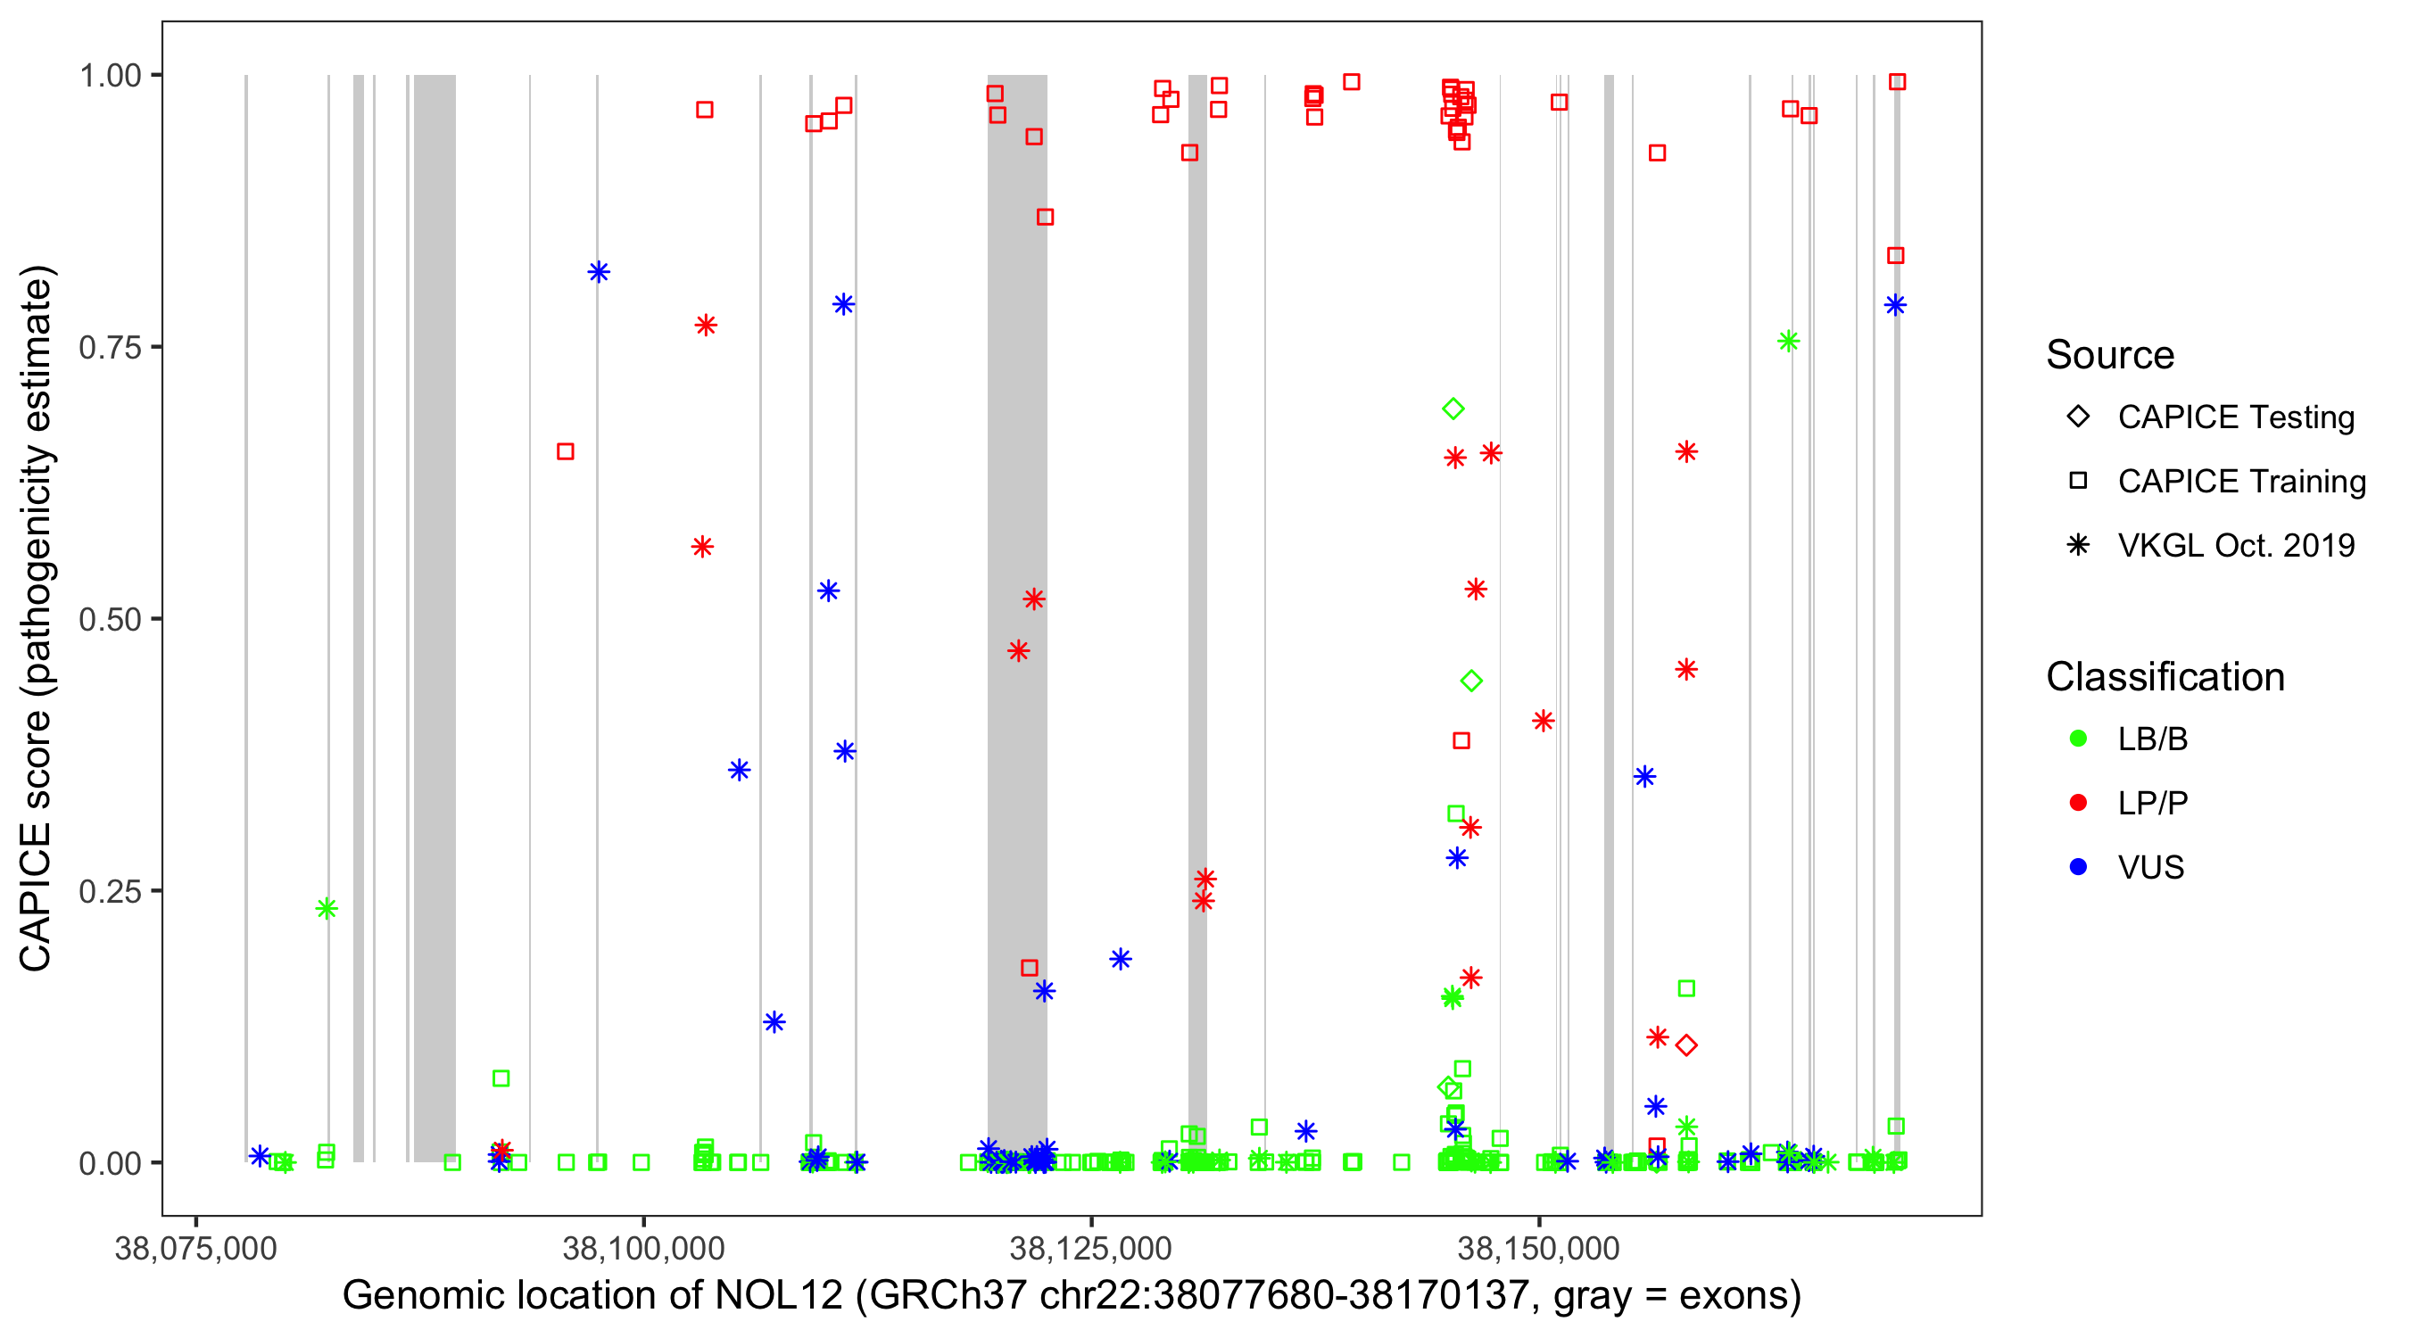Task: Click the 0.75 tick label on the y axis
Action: click(x=108, y=348)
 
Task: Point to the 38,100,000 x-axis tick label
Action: click(x=643, y=1247)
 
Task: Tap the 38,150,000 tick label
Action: click(x=1538, y=1247)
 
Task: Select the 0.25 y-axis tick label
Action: click(x=108, y=891)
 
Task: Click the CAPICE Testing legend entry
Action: click(x=2235, y=417)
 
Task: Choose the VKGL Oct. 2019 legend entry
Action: click(x=2235, y=545)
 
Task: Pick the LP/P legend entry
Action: click(x=2152, y=803)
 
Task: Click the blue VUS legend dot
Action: click(x=2078, y=867)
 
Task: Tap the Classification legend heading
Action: click(x=2164, y=676)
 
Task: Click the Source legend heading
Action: click(x=2110, y=354)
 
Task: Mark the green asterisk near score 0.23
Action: click(x=327, y=908)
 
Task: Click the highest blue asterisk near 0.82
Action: click(x=599, y=272)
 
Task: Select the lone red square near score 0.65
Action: click(x=565, y=451)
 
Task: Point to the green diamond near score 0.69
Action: click(x=1453, y=409)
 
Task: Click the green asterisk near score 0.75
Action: click(x=1788, y=342)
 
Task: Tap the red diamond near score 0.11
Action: click(x=1686, y=1045)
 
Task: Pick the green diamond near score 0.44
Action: click(x=1471, y=681)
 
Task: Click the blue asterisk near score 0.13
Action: click(x=774, y=1022)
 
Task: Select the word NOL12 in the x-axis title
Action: click(x=778, y=1295)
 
